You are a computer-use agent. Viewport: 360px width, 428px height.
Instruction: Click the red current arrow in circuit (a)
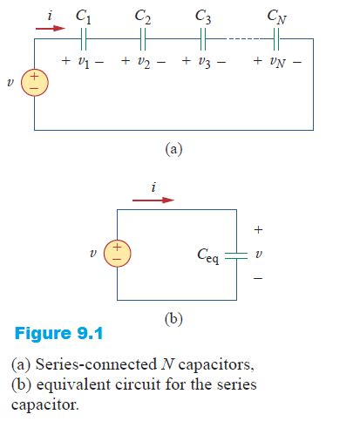pyautogui.click(x=51, y=27)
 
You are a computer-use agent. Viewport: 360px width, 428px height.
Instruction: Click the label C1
pyautogui.click(x=85, y=14)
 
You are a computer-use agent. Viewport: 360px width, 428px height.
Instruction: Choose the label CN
pyautogui.click(x=276, y=14)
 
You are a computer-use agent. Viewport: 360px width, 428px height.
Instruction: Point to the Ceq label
pyautogui.click(x=207, y=257)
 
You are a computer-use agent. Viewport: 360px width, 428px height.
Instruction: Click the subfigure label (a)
pyautogui.click(x=173, y=148)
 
